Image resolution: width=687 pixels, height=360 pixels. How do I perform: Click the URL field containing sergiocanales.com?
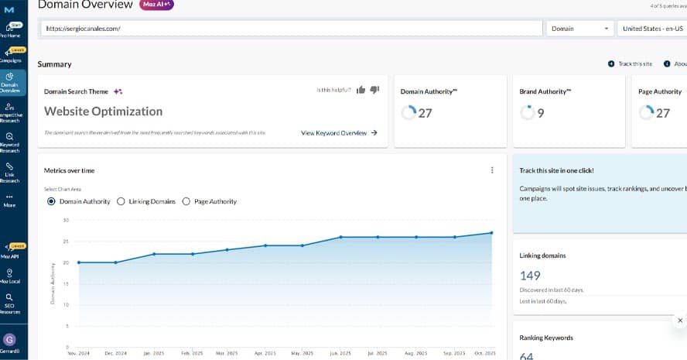291,29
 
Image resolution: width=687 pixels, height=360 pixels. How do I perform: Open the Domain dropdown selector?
580,29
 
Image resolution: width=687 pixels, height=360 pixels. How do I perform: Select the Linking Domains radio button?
121,201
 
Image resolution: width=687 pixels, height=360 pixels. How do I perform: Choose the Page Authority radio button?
186,201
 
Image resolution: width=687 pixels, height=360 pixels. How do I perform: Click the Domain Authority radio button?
51,201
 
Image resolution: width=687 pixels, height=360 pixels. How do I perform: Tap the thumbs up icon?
361,90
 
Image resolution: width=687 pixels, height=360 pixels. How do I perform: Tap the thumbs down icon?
374,90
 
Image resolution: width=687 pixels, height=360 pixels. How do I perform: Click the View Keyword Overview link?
339,133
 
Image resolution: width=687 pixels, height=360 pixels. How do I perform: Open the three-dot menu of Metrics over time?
492,170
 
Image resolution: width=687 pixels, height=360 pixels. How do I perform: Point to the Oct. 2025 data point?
491,233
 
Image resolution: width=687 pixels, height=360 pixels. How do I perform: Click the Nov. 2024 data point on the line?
78,262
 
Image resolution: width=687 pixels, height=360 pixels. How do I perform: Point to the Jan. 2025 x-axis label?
153,353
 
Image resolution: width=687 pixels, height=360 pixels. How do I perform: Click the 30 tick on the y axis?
66,221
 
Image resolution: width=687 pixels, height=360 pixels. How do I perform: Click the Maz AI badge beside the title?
158,5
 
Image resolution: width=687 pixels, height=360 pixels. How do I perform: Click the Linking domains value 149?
530,275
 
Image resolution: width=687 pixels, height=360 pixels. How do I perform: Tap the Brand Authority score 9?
540,113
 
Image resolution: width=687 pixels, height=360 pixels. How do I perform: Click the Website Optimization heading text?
103,111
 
